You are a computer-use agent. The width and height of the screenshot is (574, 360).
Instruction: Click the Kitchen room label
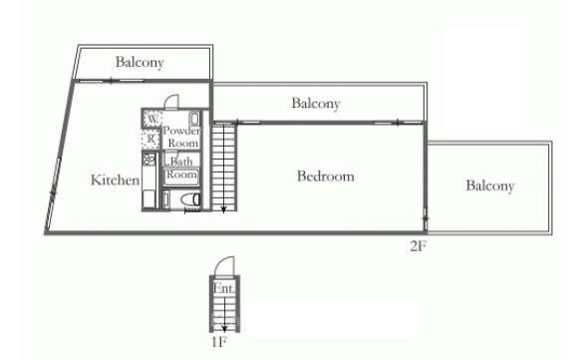click(115, 180)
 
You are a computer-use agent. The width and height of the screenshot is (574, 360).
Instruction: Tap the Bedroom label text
click(326, 177)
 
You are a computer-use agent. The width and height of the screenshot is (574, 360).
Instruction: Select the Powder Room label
click(181, 137)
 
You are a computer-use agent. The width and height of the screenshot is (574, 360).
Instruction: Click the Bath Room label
click(181, 167)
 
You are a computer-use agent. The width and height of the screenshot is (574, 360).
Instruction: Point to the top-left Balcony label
click(140, 63)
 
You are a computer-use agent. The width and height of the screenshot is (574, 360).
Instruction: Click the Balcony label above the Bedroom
click(316, 103)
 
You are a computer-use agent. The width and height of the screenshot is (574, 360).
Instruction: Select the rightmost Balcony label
click(489, 185)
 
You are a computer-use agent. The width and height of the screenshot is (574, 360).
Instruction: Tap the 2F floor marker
click(418, 245)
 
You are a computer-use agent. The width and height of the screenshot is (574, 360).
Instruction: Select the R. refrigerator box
click(151, 139)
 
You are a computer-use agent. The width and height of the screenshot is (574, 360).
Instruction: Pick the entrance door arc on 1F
click(225, 266)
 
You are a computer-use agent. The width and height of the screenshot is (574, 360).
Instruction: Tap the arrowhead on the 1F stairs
click(224, 327)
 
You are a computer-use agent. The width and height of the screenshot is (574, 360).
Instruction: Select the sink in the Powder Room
click(193, 120)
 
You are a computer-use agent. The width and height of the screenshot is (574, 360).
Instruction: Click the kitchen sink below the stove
click(149, 195)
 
